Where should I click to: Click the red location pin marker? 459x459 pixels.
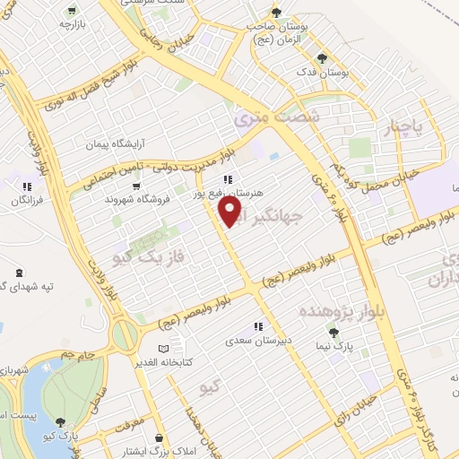[230, 212]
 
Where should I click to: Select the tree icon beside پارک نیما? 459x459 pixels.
[333, 333]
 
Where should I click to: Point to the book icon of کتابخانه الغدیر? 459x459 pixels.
[162, 348]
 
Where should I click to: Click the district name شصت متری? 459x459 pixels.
[263, 117]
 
